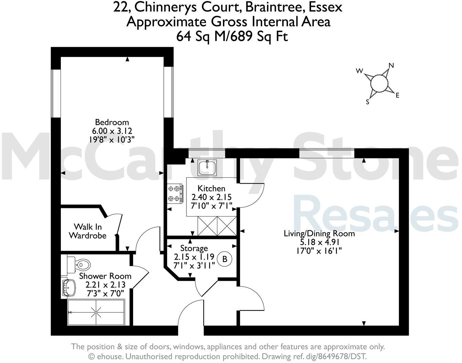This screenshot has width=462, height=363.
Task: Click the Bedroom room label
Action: (x=112, y=122)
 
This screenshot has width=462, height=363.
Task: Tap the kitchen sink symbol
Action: (x=207, y=168)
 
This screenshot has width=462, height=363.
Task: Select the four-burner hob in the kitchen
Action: (x=175, y=194)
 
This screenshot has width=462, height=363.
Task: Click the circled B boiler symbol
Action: (x=225, y=259)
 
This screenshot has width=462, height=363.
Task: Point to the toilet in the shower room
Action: (x=81, y=264)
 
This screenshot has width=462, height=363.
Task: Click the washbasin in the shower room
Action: (x=69, y=287)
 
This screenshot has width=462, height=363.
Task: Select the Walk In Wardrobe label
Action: (x=87, y=231)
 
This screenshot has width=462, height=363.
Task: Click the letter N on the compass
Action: (x=391, y=65)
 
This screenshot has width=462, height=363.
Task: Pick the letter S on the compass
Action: (x=367, y=102)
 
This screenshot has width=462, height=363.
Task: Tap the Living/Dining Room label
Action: (x=319, y=234)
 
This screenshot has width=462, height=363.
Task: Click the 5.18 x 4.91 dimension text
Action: (x=319, y=242)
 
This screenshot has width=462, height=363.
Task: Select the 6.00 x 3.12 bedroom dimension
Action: (x=112, y=131)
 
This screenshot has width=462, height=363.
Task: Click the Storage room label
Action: (x=194, y=248)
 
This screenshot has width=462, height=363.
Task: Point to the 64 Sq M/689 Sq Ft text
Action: (x=232, y=36)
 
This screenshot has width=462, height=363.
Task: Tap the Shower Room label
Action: (x=105, y=276)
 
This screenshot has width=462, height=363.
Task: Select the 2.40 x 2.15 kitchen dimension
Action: (x=212, y=197)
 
